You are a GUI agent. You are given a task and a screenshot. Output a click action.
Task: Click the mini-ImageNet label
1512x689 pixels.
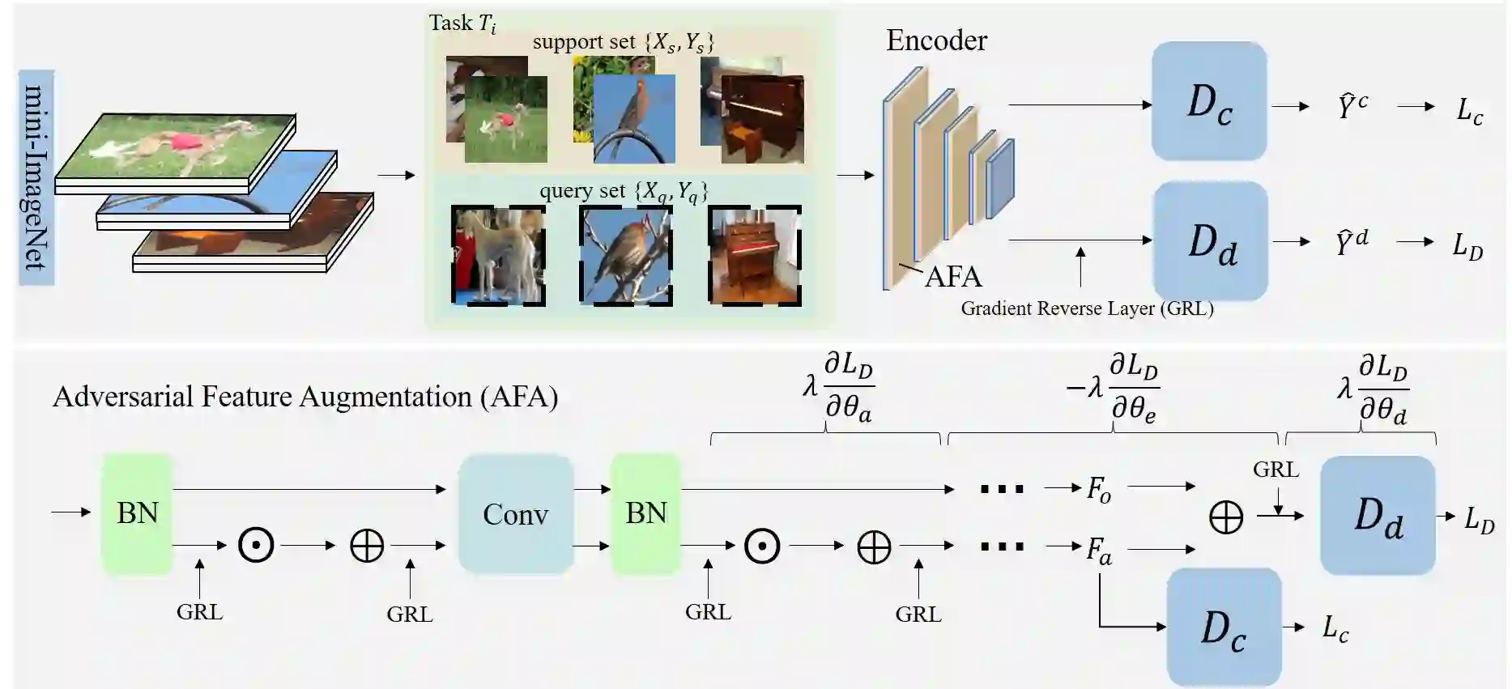36,177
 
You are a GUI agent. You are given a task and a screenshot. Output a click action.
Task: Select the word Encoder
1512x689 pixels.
936,40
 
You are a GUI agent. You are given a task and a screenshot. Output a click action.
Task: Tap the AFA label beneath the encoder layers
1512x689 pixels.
953,277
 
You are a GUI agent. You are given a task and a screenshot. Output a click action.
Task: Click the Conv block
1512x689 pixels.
515,514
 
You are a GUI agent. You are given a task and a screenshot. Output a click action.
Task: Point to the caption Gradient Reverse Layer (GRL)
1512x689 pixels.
1087,308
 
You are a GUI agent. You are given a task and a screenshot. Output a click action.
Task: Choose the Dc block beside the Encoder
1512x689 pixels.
1208,102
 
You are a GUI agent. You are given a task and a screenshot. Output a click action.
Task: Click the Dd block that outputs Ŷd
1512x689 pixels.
1210,241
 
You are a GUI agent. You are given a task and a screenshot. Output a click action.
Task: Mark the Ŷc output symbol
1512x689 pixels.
1352,106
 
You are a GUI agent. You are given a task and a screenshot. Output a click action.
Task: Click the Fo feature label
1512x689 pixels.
1098,489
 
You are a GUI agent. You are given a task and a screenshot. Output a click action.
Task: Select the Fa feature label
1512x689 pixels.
1098,551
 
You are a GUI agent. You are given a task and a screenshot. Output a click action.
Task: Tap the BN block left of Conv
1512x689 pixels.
137,514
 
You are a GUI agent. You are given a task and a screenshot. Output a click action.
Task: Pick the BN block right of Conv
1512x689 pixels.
645,514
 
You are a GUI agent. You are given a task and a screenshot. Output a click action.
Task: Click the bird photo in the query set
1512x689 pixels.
625,254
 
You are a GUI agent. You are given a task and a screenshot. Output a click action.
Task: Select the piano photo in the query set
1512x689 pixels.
754,254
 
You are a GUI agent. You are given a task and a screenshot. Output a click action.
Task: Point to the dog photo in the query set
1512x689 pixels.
497,254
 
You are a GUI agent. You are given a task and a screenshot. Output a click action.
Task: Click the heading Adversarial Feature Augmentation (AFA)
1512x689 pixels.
305,397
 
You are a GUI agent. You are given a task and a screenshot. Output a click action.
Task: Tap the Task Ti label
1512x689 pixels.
462,23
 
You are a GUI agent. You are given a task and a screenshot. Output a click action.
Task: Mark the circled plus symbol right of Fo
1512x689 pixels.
1225,517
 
